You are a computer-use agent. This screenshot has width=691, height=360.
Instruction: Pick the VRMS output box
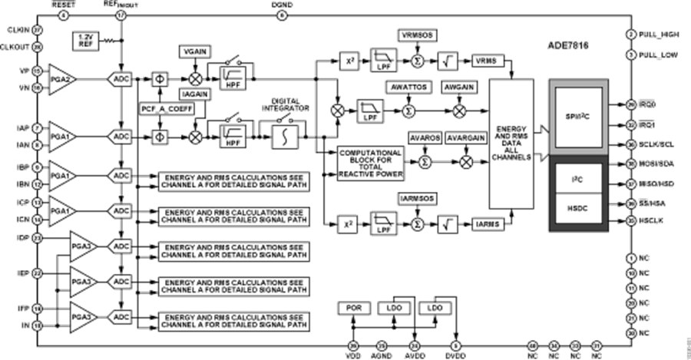pos(485,60)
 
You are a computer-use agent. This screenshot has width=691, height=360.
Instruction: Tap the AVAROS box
pos(424,139)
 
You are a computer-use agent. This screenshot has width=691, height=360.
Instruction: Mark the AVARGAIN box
pos(467,139)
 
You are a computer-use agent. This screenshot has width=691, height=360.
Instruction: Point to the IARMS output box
pos(485,224)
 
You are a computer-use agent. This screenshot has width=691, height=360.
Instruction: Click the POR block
pos(352,307)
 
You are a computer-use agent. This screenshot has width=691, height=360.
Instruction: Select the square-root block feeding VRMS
pos(446,60)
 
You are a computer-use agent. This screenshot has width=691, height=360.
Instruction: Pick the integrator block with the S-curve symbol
pos(285,136)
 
